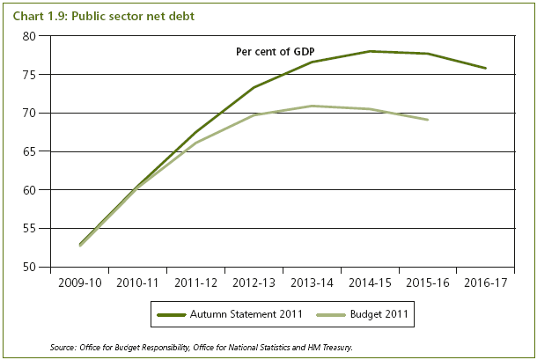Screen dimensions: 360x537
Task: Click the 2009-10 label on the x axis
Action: (x=77, y=283)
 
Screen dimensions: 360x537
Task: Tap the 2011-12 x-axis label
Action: (x=195, y=283)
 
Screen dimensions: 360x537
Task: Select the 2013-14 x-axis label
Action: (x=311, y=283)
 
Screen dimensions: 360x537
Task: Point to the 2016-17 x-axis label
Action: (x=485, y=283)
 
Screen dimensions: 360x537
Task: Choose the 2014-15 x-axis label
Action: (x=369, y=283)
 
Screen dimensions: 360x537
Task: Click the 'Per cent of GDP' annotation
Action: (x=275, y=52)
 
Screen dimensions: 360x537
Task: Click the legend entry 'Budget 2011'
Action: (x=380, y=312)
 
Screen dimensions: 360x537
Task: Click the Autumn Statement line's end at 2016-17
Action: (x=486, y=69)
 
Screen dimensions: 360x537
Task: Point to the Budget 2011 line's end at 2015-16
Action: (x=428, y=120)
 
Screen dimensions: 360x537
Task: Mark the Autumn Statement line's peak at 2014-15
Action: (x=370, y=51)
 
